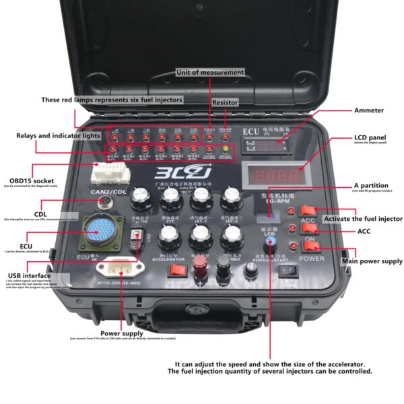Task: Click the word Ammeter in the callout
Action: [368, 110]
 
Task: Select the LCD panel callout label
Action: [370, 138]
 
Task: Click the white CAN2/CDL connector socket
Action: [109, 174]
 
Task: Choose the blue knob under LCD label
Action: [269, 241]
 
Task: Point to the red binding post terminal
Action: [199, 263]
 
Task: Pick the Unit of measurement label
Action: [209, 71]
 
